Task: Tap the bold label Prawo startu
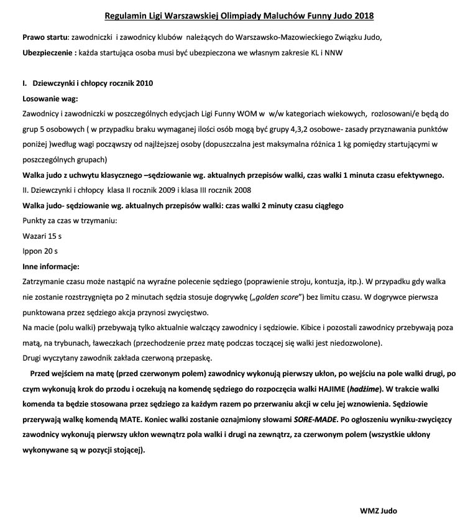pyautogui.click(x=44, y=37)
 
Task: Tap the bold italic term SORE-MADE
pyautogui.click(x=314, y=418)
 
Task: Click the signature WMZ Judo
pyautogui.click(x=378, y=510)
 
